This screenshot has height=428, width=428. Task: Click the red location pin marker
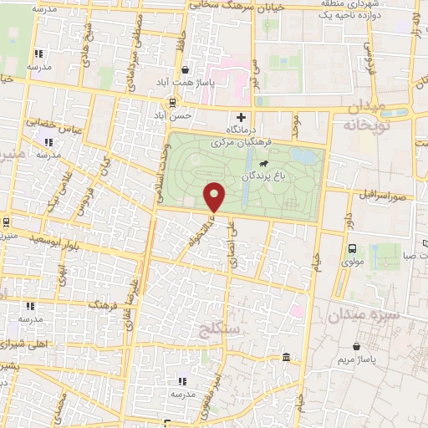[215, 196]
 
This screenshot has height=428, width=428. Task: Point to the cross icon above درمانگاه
[242, 116]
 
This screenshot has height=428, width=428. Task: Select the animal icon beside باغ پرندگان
[264, 163]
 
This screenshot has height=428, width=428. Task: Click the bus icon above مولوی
[352, 248]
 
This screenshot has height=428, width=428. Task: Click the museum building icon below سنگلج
[287, 358]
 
